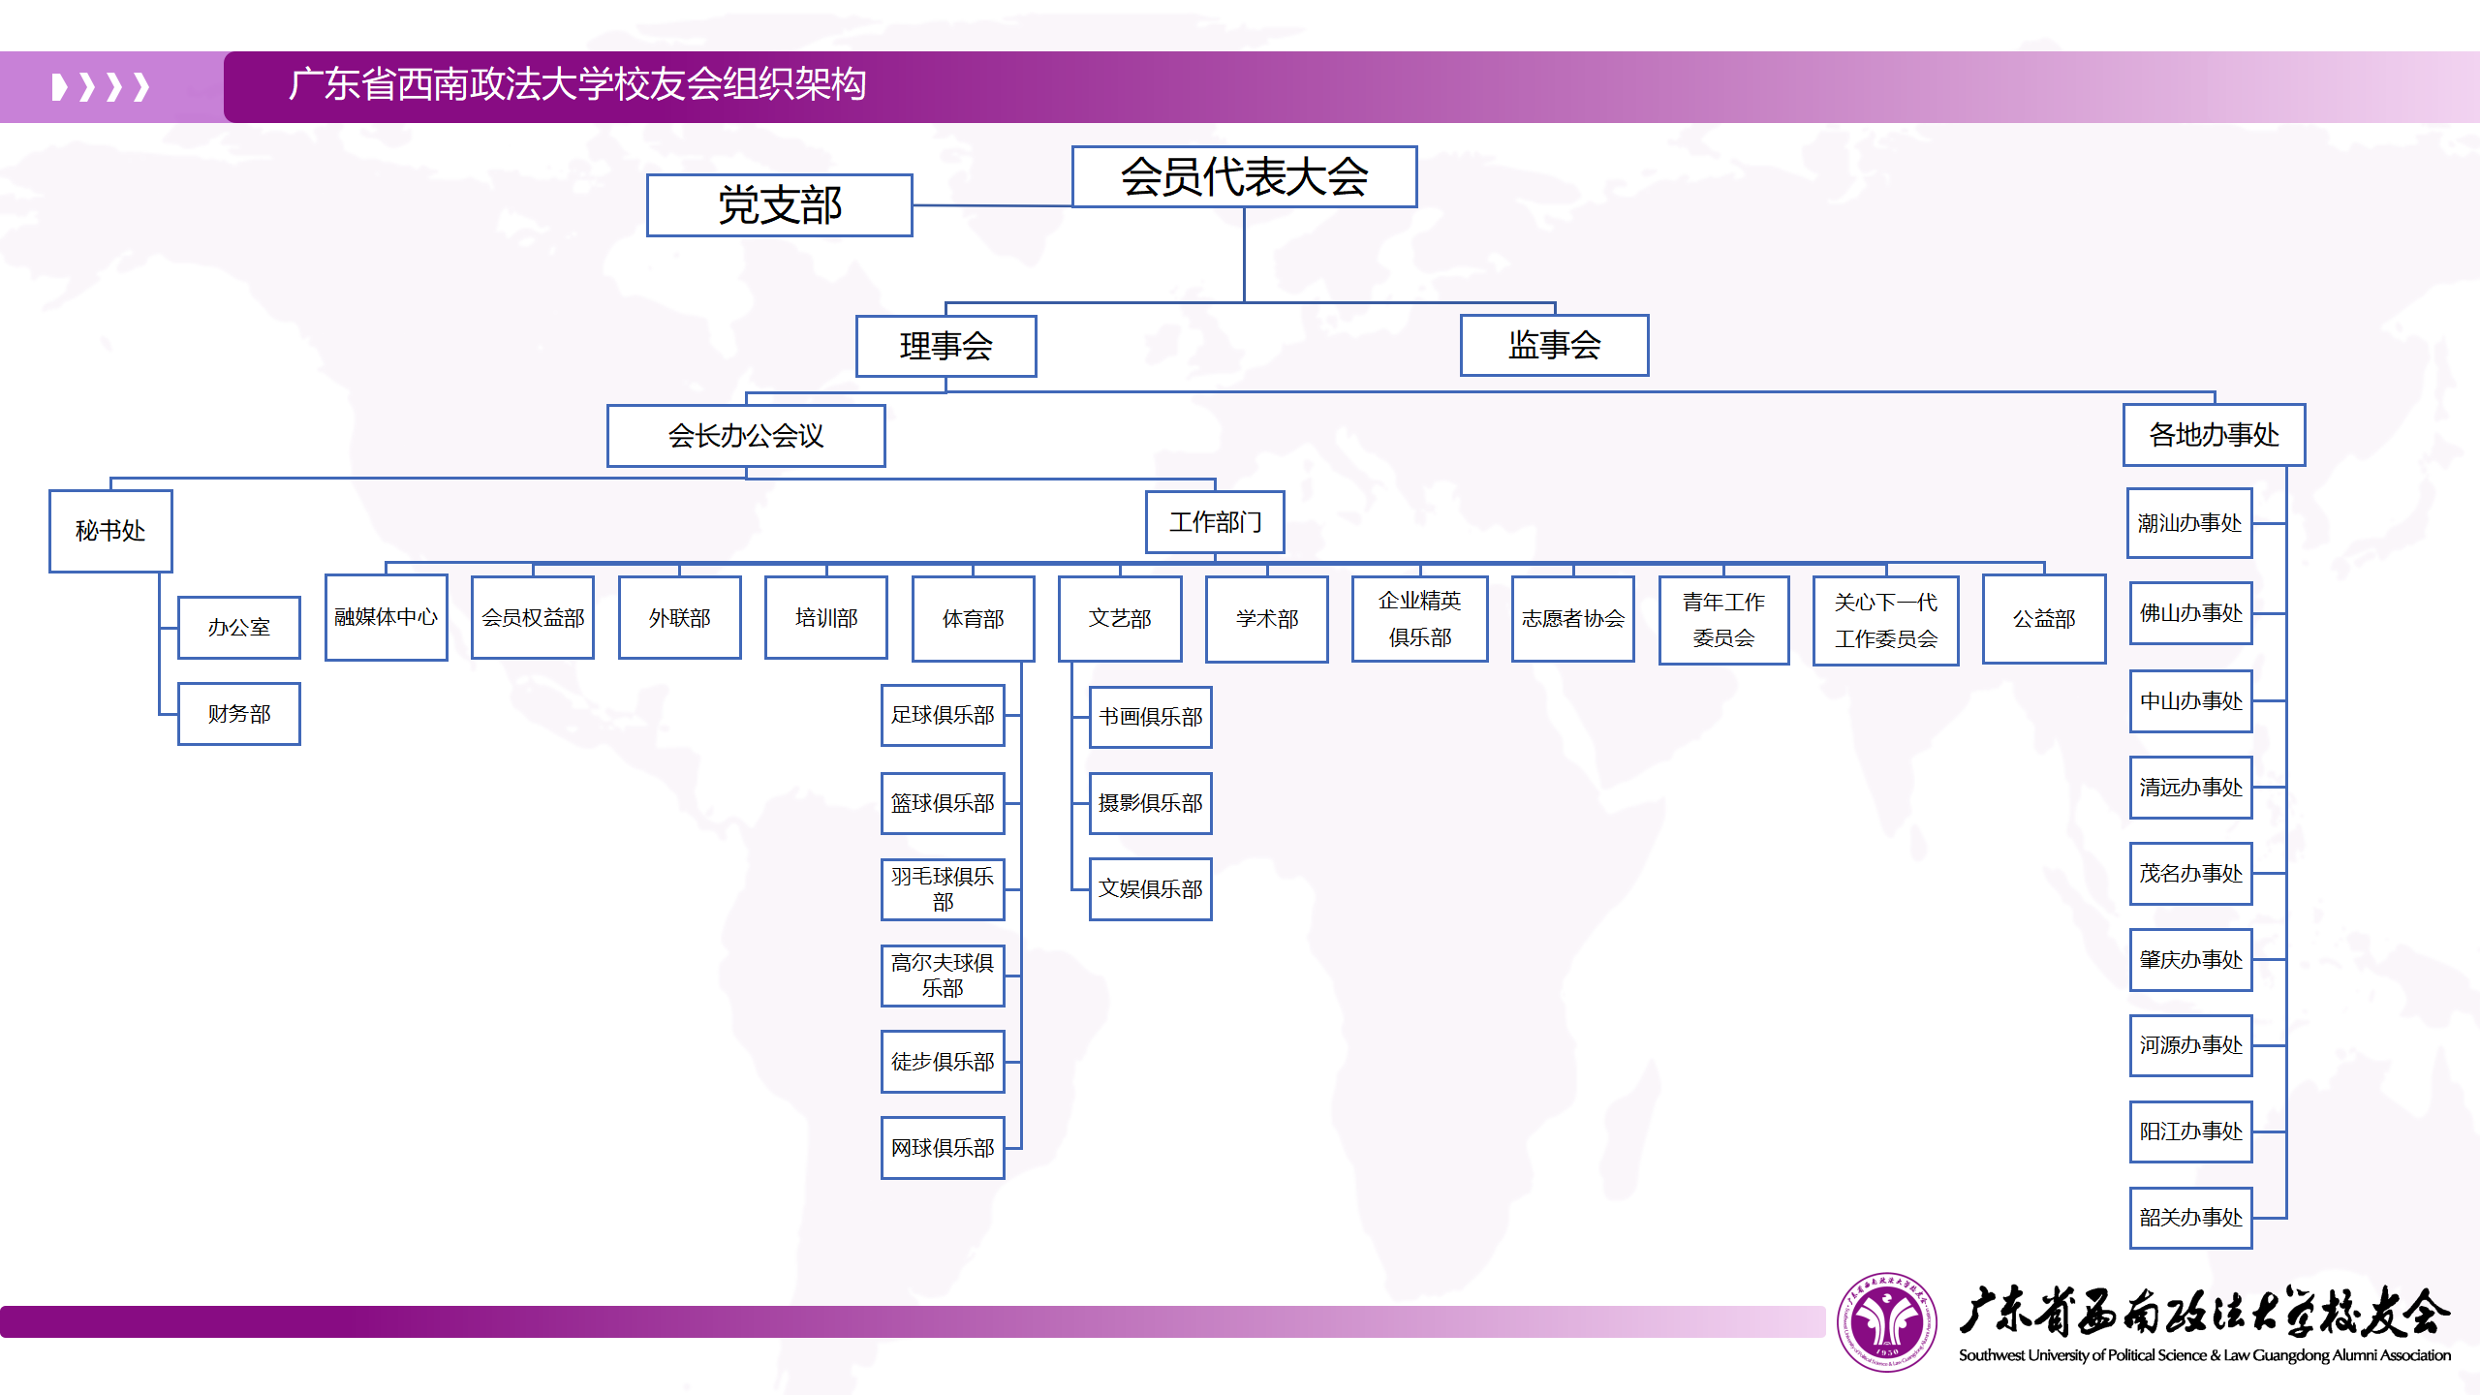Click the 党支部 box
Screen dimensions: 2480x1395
779,205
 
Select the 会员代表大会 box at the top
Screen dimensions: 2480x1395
1244,176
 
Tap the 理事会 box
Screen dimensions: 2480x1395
945,346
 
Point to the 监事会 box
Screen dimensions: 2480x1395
1554,345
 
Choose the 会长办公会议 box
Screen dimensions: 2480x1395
746,436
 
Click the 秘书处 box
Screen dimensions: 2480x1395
110,531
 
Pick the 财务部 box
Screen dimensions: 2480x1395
239,714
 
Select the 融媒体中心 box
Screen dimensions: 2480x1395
386,617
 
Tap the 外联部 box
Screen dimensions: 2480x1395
679,618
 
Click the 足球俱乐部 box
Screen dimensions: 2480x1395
943,715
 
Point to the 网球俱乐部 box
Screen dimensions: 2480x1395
943,1148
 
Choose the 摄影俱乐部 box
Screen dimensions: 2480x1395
1150,803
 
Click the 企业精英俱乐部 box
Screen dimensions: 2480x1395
1419,619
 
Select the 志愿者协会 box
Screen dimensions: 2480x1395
1572,619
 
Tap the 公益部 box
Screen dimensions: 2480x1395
2044,619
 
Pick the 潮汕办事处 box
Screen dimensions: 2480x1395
2189,523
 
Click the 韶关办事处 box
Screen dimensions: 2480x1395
2190,1218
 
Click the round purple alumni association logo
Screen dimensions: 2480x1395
1886,1321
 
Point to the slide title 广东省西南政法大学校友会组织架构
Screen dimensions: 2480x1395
577,84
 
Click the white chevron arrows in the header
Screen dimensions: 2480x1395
101,87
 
